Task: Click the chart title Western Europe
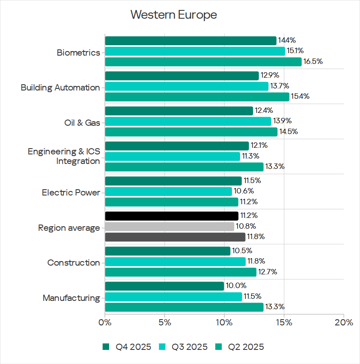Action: pyautogui.click(x=173, y=15)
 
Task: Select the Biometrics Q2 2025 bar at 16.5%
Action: pyautogui.click(x=203, y=62)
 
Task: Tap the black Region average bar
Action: pyautogui.click(x=172, y=216)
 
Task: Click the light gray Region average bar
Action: pyautogui.click(x=170, y=227)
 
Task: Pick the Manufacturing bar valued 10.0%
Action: pyautogui.click(x=164, y=286)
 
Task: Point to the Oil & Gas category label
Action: pyautogui.click(x=82, y=123)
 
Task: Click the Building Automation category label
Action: pyautogui.click(x=60, y=88)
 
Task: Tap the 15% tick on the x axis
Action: pyautogui.click(x=284, y=322)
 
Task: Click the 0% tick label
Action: pyautogui.click(x=105, y=322)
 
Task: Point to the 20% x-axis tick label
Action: pyautogui.click(x=343, y=322)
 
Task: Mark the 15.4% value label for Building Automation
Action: pyautogui.click(x=300, y=96)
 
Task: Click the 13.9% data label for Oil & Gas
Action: pyautogui.click(x=282, y=121)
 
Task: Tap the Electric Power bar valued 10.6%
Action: pyautogui.click(x=168, y=191)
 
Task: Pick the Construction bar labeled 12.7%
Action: pyautogui.click(x=180, y=272)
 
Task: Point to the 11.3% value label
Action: pyautogui.click(x=251, y=156)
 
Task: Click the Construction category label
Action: pyautogui.click(x=73, y=263)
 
